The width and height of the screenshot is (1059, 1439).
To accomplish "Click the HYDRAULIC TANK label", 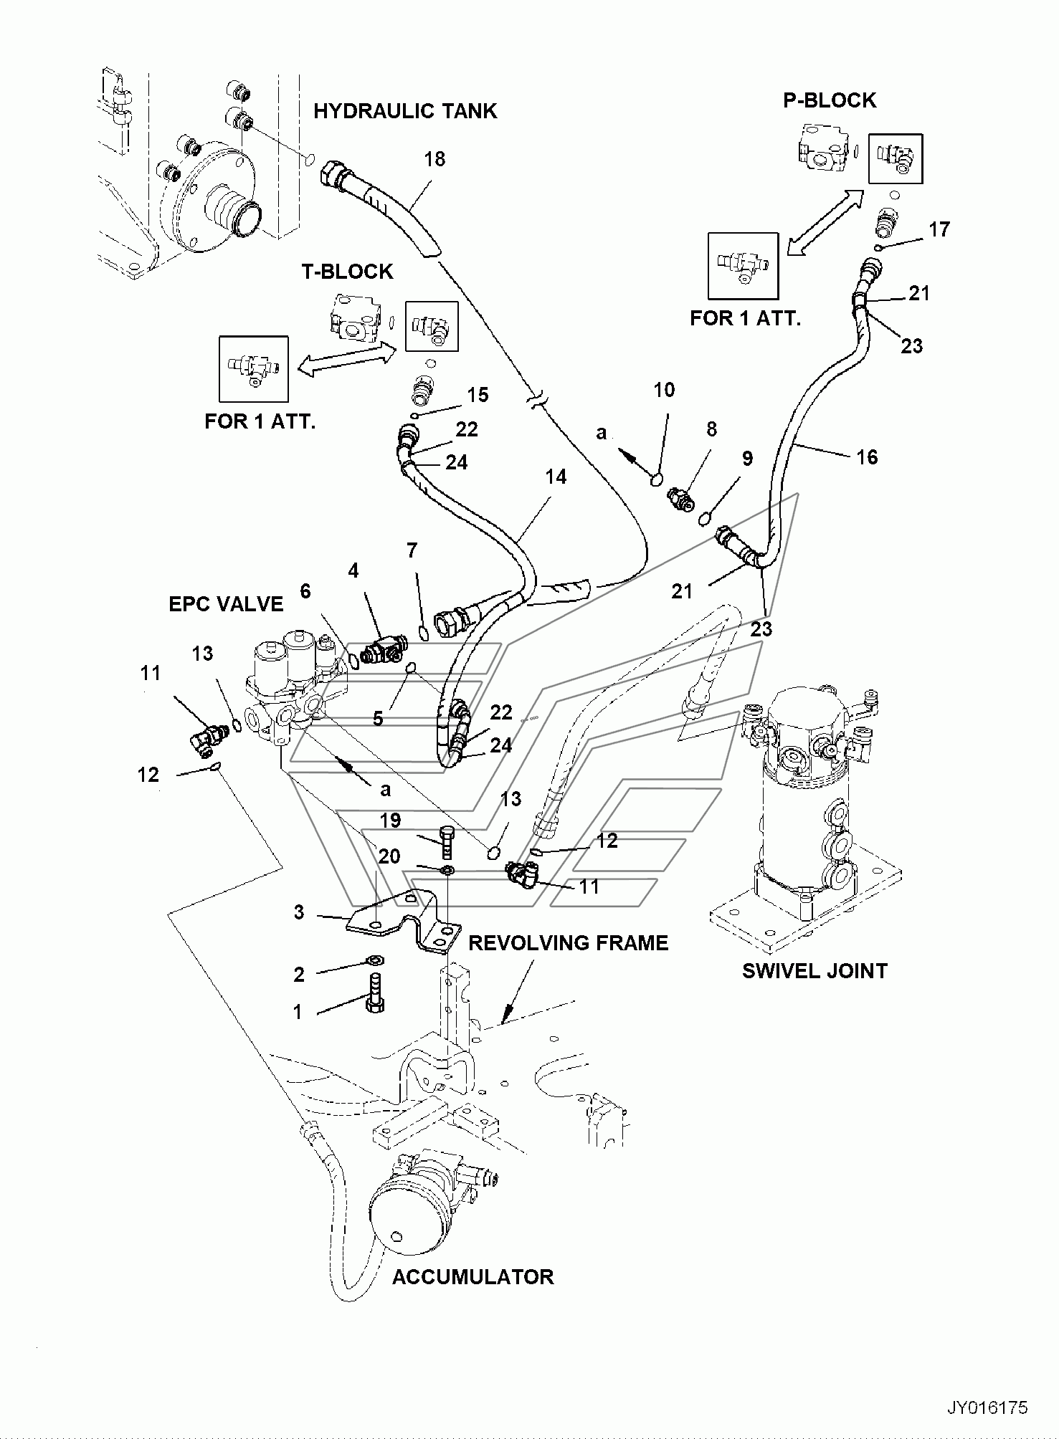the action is (x=405, y=111).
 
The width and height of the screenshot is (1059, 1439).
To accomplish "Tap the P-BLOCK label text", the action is (x=830, y=100).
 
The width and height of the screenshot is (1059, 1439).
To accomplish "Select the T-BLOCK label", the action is (x=347, y=272).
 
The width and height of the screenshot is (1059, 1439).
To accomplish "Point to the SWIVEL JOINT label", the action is (x=815, y=971).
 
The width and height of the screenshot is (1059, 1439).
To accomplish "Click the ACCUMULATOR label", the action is (x=472, y=1277).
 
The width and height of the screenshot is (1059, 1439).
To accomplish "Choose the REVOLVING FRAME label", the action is (x=569, y=942).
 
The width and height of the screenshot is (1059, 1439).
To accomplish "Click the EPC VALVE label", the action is (x=226, y=604).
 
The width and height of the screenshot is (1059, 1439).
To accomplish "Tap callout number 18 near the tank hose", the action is (x=434, y=159).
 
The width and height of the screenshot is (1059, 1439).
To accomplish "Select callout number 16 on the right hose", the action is (x=867, y=457).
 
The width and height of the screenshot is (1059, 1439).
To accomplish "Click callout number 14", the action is (x=556, y=477).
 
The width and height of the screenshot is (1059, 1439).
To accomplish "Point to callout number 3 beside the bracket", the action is (x=298, y=912).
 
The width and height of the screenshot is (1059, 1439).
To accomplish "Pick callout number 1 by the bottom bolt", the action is (x=297, y=1012).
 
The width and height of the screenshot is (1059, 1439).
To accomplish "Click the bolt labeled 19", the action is (x=446, y=843).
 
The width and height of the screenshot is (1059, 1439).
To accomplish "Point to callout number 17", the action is (x=939, y=229).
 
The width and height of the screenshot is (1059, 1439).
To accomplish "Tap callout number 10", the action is (x=664, y=390).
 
